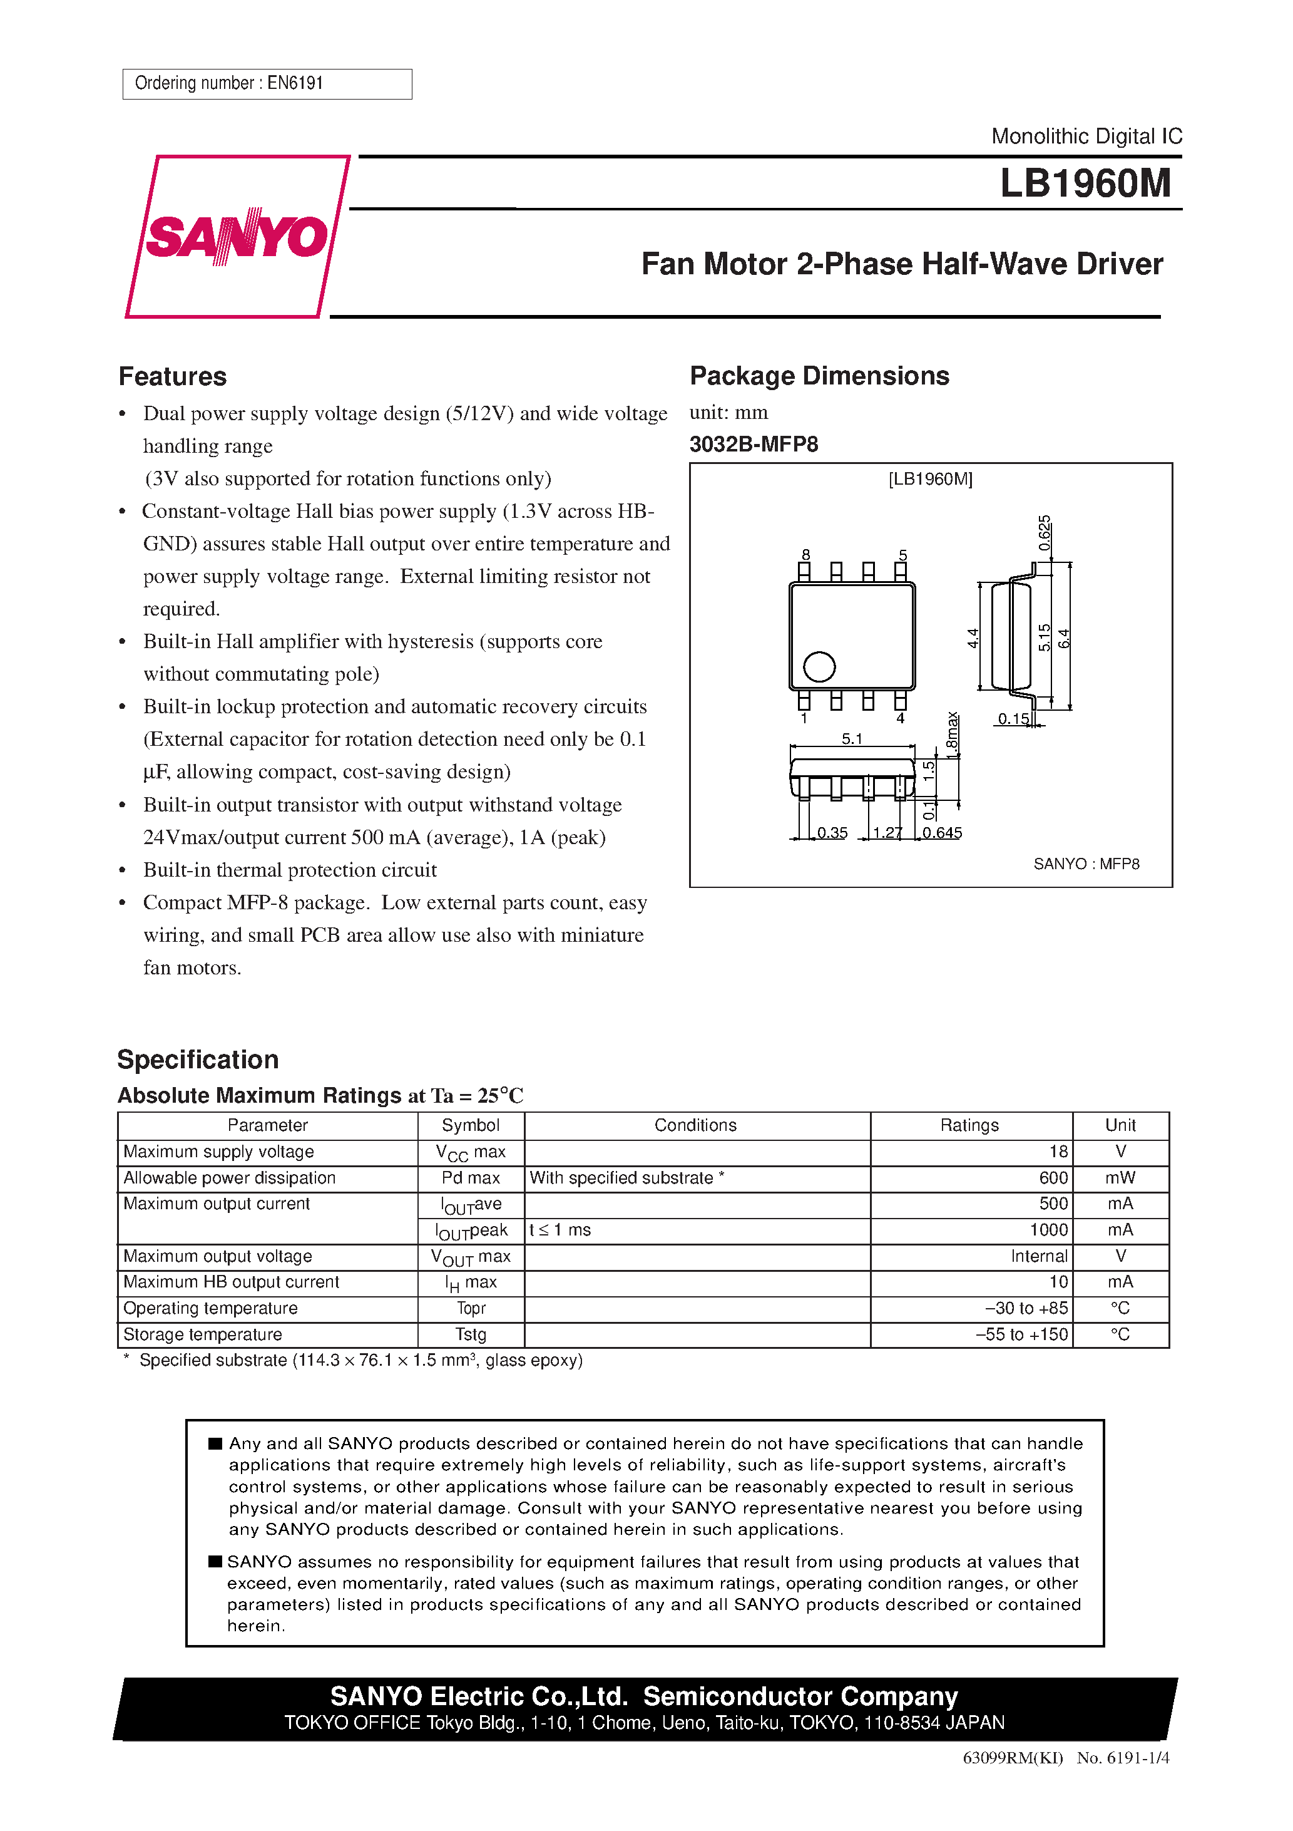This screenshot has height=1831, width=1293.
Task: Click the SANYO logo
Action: click(237, 237)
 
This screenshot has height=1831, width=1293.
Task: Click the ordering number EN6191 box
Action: click(267, 84)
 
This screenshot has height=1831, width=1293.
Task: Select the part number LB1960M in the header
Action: click(1085, 184)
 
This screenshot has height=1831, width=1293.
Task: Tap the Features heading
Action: click(172, 376)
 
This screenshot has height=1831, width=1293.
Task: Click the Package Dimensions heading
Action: click(819, 376)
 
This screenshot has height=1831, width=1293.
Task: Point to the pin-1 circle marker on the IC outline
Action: click(819, 667)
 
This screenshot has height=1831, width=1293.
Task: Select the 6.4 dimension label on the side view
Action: click(1064, 638)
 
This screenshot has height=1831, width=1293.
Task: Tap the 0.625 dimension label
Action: click(1045, 533)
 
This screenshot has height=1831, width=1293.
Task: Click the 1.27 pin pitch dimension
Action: click(886, 833)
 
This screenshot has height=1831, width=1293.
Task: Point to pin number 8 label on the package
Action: click(806, 554)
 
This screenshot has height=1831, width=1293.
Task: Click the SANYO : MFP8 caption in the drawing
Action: click(1086, 864)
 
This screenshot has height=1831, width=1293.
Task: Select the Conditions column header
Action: click(695, 1125)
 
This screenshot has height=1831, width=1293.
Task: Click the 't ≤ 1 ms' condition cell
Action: click(560, 1230)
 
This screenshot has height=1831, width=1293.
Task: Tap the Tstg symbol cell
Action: click(471, 1334)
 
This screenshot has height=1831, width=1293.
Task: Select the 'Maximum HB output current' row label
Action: click(231, 1282)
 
